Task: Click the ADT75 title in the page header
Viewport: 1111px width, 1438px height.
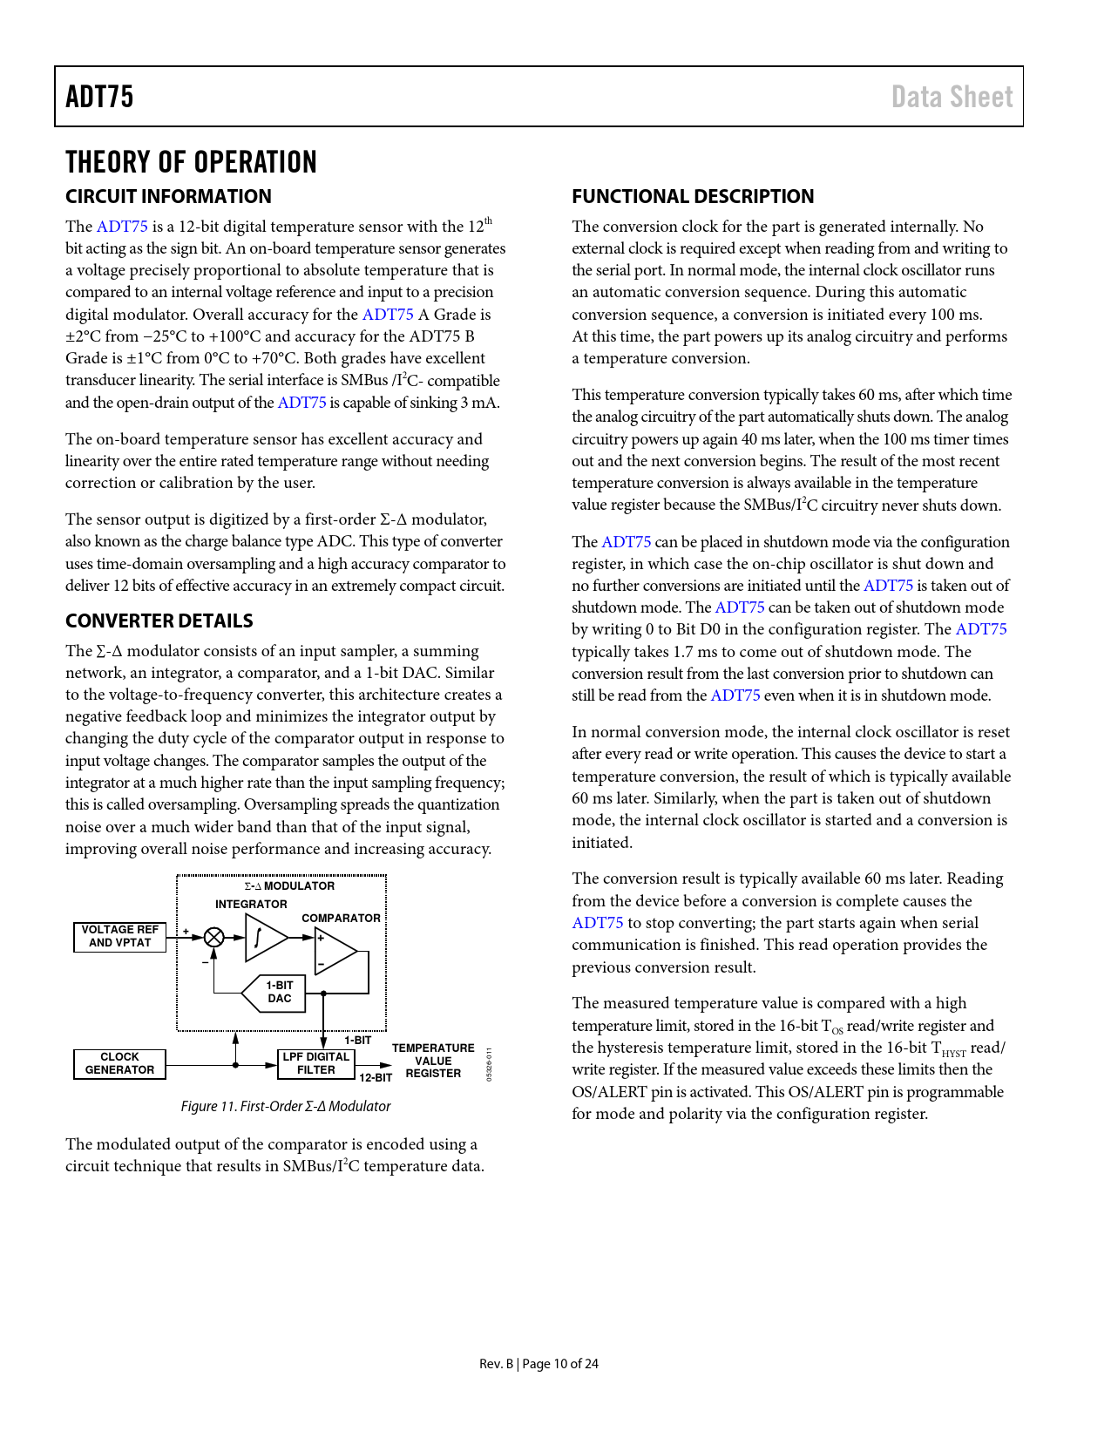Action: point(99,97)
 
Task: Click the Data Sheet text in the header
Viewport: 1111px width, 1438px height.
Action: point(952,97)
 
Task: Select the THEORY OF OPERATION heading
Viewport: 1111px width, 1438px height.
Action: point(191,162)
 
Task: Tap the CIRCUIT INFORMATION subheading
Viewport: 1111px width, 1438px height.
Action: point(168,197)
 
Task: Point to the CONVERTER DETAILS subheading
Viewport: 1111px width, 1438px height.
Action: point(159,621)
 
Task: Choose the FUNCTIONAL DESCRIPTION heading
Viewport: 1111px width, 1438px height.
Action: point(693,197)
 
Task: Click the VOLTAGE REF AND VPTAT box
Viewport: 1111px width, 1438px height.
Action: point(120,937)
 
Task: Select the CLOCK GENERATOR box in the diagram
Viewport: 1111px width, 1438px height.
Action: point(120,1064)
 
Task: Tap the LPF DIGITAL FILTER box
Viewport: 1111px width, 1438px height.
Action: point(315,1064)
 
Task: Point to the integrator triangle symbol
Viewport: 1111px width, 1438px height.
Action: point(264,938)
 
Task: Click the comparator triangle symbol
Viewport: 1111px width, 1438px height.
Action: point(335,951)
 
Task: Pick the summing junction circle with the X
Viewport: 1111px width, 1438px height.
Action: point(213,938)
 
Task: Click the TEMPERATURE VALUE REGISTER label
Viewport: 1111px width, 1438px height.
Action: point(433,1061)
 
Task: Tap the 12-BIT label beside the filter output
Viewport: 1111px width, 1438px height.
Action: point(376,1078)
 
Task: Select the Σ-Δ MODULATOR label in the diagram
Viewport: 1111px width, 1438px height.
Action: point(289,886)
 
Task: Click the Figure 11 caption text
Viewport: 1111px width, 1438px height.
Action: point(285,1107)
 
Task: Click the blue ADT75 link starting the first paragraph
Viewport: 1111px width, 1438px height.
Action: point(122,227)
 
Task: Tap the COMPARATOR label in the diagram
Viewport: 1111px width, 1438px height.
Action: point(341,919)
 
